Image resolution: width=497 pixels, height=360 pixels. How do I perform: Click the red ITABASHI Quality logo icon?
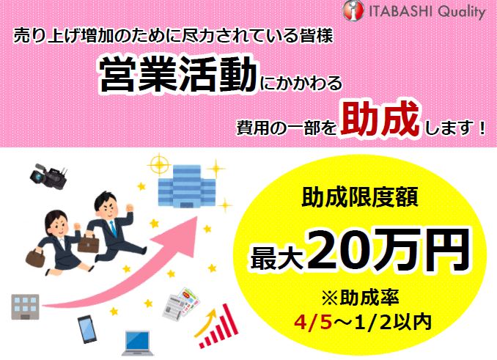[353, 10]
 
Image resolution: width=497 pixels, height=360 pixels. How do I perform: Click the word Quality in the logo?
[462, 12]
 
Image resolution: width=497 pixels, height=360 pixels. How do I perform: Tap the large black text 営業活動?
[178, 76]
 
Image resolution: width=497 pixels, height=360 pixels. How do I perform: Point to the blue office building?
[187, 186]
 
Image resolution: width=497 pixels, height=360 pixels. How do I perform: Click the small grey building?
[25, 306]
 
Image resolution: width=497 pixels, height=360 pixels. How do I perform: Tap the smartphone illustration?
[87, 329]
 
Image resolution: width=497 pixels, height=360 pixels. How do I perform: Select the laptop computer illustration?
[138, 343]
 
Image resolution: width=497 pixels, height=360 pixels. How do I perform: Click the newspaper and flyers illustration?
[181, 303]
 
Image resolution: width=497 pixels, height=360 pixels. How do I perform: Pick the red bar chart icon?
[218, 326]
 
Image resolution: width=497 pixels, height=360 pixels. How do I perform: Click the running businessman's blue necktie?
[113, 228]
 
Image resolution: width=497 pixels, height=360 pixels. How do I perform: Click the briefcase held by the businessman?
[88, 243]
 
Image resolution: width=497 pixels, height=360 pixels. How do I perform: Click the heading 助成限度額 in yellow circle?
[360, 197]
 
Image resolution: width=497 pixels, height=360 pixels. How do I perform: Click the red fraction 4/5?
[314, 323]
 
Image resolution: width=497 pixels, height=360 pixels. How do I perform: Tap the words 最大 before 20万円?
[278, 257]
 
